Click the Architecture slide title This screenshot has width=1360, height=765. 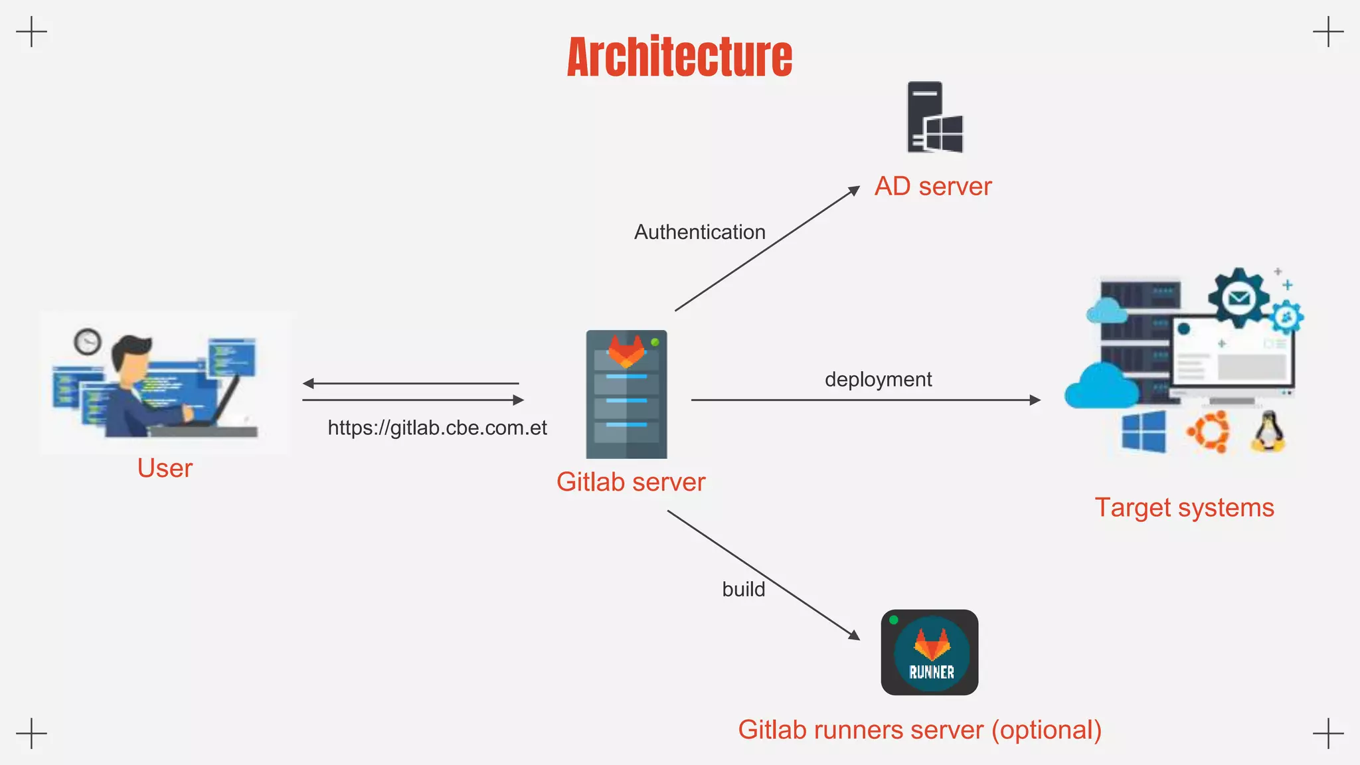point(679,57)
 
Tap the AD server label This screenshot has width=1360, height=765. point(932,187)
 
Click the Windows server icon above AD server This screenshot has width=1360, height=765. point(935,118)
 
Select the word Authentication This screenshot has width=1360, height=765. point(699,232)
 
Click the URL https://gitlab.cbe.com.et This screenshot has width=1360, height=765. point(437,428)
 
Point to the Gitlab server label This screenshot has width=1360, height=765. point(630,482)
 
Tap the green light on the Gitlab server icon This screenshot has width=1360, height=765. point(655,342)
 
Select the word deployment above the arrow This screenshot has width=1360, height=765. point(878,379)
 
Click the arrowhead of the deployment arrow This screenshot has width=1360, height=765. point(1035,400)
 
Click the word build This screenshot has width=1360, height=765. point(743,589)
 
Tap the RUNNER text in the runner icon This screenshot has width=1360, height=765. point(931,672)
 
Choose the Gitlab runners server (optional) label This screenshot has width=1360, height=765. point(920,730)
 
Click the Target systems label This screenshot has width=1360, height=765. point(1184,508)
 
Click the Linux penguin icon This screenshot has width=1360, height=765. point(1268,432)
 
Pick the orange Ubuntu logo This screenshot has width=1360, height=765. point(1208,432)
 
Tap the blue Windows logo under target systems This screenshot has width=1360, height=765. point(1144,432)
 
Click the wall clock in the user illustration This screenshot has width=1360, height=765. point(87,342)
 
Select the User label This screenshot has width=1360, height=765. point(165,469)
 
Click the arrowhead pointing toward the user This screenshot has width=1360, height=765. point(308,383)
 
